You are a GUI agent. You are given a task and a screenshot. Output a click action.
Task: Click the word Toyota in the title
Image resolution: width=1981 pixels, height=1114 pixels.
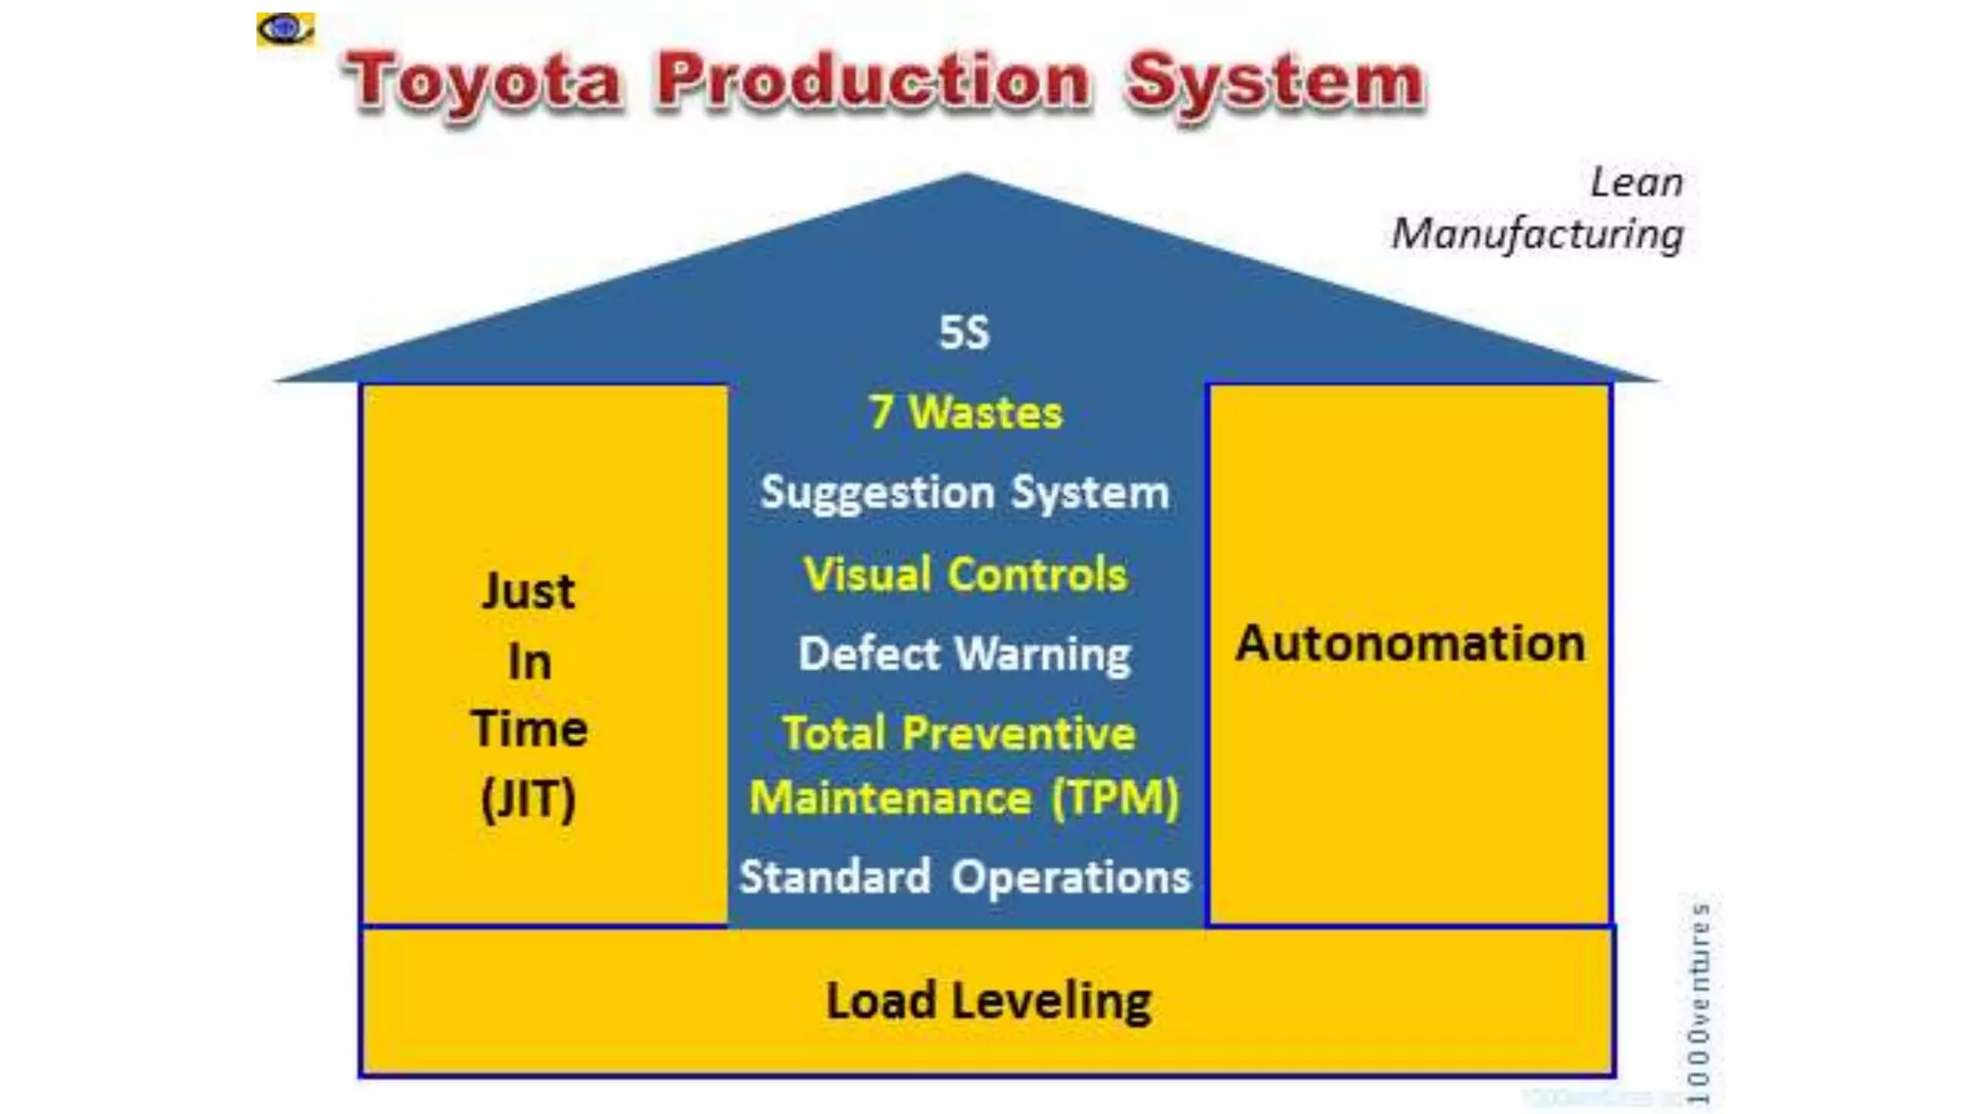tap(484, 81)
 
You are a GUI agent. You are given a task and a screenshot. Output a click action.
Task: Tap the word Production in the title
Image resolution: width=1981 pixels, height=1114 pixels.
tap(873, 81)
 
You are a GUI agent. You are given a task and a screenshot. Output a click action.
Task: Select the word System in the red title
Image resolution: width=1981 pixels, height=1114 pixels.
tap(1275, 83)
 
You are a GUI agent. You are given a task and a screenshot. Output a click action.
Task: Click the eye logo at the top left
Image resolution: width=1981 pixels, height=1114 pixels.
tap(284, 29)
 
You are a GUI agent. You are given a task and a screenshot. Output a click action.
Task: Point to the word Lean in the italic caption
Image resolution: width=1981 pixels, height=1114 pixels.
tap(1637, 182)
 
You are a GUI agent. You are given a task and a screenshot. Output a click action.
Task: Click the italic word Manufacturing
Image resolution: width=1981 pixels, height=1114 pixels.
tap(1537, 234)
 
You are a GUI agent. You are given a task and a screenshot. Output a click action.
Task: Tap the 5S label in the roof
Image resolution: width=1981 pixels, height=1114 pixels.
tap(964, 333)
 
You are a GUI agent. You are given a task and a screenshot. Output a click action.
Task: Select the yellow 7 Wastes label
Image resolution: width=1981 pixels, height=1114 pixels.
tap(965, 413)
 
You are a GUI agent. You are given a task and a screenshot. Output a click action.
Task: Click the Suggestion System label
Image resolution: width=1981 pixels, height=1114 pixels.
tap(964, 493)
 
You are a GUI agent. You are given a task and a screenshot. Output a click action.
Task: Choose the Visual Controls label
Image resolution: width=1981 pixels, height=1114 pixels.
tap(965, 574)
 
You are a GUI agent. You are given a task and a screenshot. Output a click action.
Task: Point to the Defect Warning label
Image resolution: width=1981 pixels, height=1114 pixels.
tap(964, 655)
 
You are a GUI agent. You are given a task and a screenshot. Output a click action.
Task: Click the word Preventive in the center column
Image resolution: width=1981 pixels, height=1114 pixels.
tap(1019, 733)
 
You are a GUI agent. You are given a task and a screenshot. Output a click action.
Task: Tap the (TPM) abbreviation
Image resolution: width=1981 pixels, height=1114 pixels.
tap(1115, 799)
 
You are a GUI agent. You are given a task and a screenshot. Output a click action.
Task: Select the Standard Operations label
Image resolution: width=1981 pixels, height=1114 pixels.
tap(964, 877)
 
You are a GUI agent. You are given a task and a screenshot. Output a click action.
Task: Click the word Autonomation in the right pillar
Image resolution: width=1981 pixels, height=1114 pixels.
tap(1410, 644)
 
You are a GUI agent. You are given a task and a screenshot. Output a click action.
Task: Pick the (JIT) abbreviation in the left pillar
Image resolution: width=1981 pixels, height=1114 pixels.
tap(528, 799)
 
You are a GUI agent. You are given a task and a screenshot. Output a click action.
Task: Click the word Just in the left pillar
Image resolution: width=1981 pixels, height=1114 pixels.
tap(528, 591)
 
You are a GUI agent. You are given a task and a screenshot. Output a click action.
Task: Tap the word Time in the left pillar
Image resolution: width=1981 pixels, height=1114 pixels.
tap(529, 729)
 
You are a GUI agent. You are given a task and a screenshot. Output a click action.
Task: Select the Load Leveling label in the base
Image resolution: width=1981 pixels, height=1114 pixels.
tap(989, 1001)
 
